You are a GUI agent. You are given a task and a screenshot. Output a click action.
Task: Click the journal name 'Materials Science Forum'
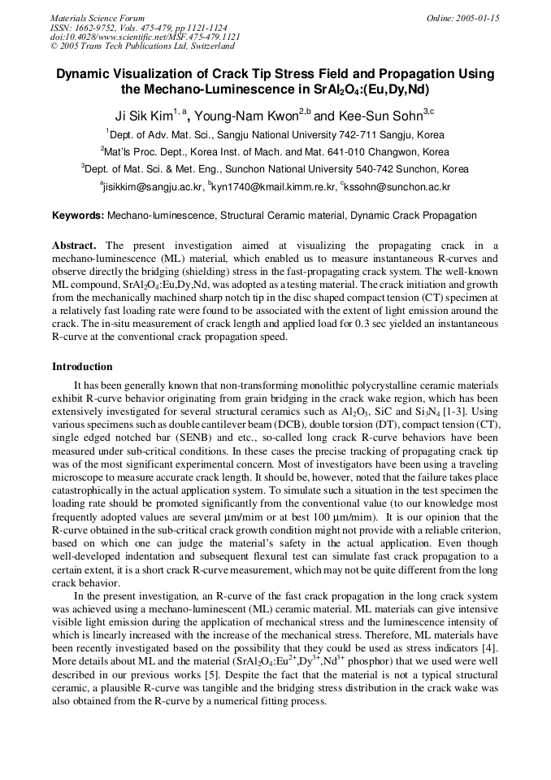(x=98, y=18)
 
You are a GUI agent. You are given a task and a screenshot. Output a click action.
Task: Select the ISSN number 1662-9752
(x=104, y=28)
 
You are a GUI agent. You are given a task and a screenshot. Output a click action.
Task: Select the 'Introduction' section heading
(x=82, y=367)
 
